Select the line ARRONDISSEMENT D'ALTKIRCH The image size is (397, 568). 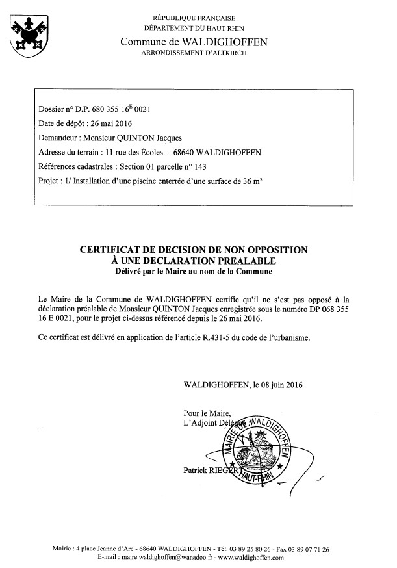click(193, 51)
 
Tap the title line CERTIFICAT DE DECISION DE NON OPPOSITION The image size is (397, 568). click(193, 249)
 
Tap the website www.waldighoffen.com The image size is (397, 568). click(250, 558)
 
